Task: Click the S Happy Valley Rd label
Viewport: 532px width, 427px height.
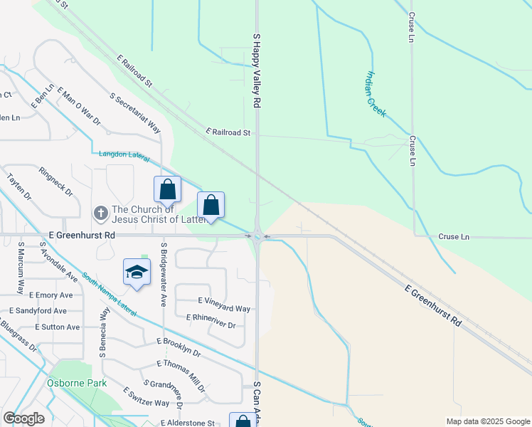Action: [255, 70]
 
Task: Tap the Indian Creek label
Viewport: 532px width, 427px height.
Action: [376, 93]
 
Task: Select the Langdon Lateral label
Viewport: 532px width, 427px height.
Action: [125, 153]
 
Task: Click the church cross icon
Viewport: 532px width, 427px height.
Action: [101, 212]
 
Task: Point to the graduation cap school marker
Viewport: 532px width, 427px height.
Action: [137, 273]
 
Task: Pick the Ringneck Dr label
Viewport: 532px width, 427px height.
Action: [56, 181]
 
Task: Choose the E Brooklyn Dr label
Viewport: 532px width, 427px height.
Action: [179, 347]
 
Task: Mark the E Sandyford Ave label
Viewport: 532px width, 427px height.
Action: [37, 311]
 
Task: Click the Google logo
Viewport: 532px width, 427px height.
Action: [23, 418]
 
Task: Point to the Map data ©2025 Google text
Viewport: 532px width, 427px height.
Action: [487, 421]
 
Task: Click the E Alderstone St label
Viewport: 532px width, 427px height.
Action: [188, 423]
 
